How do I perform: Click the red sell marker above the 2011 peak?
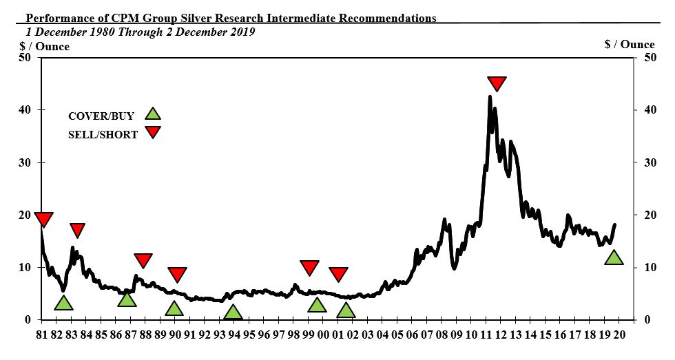497,83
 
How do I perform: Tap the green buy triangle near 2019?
614,258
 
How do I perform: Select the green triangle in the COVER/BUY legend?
153,115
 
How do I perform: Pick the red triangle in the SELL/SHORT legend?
153,132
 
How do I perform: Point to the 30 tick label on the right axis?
648,163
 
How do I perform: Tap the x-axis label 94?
234,335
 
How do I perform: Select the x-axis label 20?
620,335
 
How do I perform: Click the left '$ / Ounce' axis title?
44,46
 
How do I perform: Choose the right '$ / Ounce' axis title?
629,44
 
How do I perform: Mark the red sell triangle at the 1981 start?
43,220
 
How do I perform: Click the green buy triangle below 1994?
233,313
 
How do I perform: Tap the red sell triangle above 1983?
77,230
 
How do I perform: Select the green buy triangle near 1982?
63,303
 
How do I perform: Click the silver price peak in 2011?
490,97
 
